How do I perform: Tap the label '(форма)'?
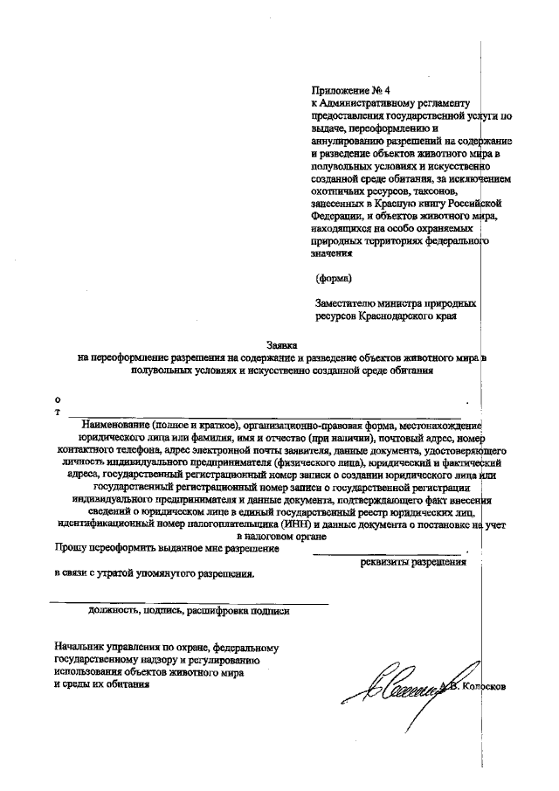pos(334,279)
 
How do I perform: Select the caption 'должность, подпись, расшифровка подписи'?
pos(188,611)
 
